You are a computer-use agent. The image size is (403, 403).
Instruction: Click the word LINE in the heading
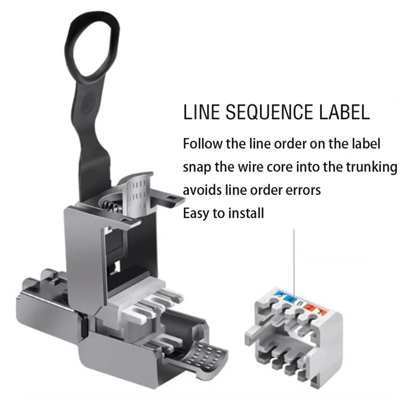(x=199, y=112)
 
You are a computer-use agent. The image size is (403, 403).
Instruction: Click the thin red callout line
(x=294, y=262)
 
